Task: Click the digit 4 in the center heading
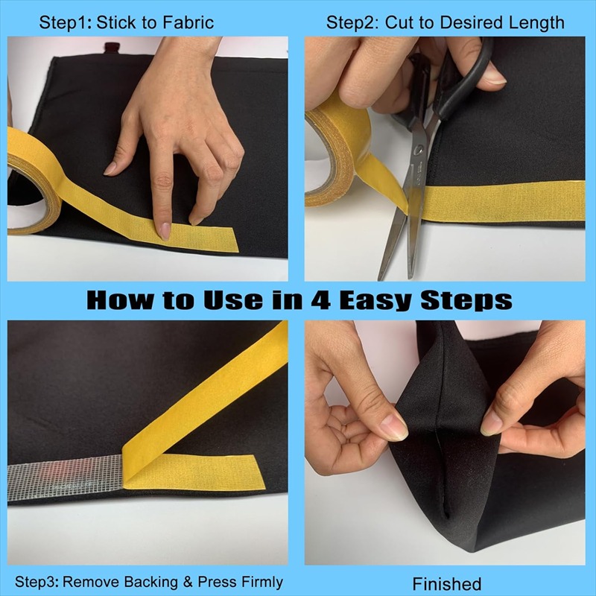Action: tap(321, 300)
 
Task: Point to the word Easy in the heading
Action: tap(376, 301)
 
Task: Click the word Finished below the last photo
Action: tap(446, 583)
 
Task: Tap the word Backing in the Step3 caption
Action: tap(151, 582)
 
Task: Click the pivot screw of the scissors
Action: tap(419, 150)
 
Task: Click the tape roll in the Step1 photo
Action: tap(34, 182)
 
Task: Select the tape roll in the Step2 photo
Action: tap(335, 156)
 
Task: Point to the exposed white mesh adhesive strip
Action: tap(66, 477)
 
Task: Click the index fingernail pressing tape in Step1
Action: tap(165, 231)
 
